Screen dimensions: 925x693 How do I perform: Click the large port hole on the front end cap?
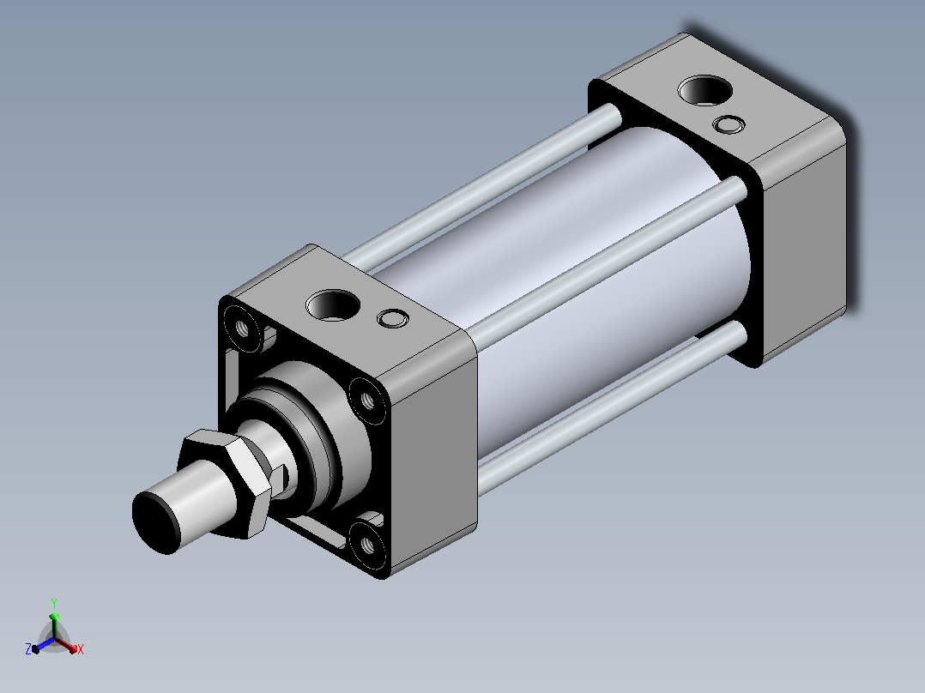(333, 305)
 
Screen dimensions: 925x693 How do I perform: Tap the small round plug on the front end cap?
(392, 318)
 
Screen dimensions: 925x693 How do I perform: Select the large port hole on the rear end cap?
(705, 90)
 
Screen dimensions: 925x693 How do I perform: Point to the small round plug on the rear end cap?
(729, 124)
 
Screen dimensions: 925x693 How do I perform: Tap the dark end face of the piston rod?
(155, 522)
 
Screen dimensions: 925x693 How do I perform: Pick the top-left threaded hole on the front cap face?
(243, 328)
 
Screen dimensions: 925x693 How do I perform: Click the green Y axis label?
(54, 603)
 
